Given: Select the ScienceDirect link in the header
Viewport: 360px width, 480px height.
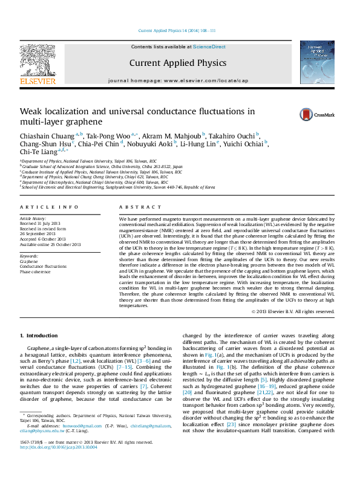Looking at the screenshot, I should [x=209, y=47].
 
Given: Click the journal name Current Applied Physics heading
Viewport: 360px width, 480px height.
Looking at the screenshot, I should [x=178, y=62].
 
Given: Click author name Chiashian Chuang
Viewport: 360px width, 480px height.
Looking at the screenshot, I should [x=47, y=135].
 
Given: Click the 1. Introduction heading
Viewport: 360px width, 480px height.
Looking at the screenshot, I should [x=39, y=336].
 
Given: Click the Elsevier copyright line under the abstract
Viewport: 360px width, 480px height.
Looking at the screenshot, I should [x=292, y=311].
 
